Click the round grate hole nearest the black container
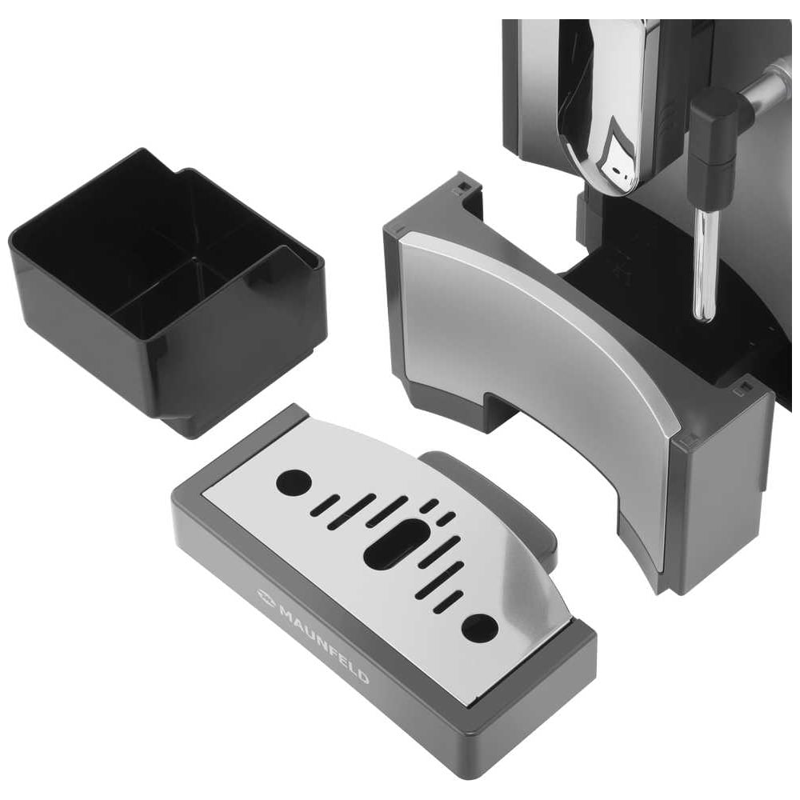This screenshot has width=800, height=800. click(x=294, y=481)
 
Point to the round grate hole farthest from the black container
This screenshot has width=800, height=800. click(x=480, y=627)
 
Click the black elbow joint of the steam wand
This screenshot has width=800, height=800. click(x=714, y=129)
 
